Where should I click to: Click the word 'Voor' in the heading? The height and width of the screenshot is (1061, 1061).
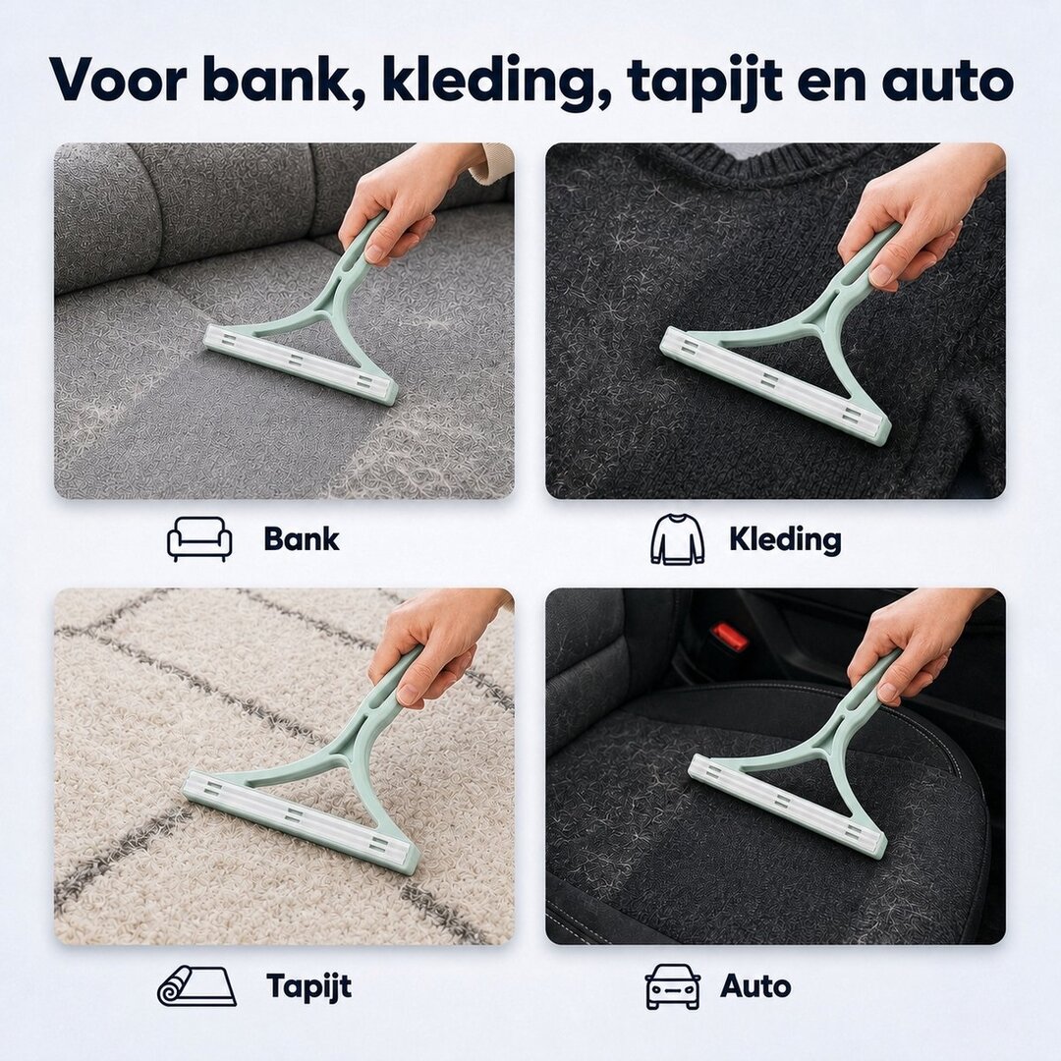point(118,79)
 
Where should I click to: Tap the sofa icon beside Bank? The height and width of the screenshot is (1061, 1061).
point(199,539)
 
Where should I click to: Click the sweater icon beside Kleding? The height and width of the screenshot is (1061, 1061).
point(677,538)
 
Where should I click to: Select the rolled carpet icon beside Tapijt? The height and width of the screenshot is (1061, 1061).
point(196,986)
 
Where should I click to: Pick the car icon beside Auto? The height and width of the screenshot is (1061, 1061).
point(672,986)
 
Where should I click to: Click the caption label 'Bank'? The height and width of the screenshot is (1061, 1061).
point(302,539)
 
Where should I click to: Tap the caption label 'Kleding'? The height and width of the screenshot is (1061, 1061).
point(785,539)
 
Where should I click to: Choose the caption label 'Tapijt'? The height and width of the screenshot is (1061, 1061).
point(309,986)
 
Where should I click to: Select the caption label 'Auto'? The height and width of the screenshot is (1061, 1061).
point(755,986)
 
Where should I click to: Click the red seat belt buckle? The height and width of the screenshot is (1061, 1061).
point(729,638)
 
